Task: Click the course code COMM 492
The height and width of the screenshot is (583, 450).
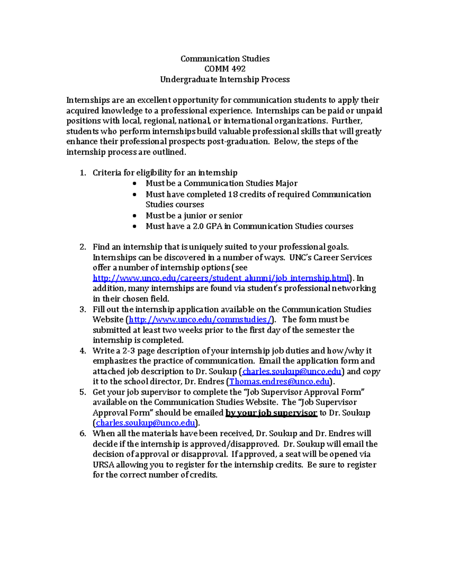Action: click(x=225, y=69)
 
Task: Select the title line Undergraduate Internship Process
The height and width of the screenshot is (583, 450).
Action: click(x=225, y=80)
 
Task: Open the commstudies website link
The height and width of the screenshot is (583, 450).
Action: click(x=200, y=319)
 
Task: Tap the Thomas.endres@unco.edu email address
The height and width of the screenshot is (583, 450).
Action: click(x=279, y=382)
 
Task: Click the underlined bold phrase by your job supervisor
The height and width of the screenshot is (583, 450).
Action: click(x=271, y=413)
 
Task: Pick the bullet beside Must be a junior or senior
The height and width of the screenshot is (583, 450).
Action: click(x=135, y=216)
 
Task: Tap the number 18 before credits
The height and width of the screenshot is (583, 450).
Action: click(x=232, y=194)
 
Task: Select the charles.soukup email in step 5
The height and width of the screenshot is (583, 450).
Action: click(x=146, y=423)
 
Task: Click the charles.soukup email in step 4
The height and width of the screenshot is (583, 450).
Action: click(x=291, y=372)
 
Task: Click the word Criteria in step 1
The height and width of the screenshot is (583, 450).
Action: click(x=107, y=173)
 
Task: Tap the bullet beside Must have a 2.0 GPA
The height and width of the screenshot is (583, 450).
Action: click(x=135, y=226)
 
